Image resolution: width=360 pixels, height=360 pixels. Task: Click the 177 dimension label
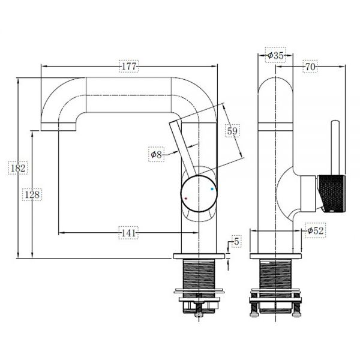[x=129, y=67]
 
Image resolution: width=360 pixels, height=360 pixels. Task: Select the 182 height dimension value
[x=18, y=168]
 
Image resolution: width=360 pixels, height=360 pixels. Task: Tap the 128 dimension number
[x=32, y=194]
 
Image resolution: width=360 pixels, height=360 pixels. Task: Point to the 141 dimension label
[x=128, y=233]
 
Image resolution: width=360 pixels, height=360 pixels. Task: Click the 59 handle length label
[x=232, y=131]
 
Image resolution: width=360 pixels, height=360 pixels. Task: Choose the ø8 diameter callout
[x=156, y=154]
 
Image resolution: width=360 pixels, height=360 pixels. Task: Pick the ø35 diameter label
[x=275, y=55]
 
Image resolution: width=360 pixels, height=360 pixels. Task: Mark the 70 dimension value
[x=310, y=67]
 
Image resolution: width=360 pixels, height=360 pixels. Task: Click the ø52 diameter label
[x=316, y=230]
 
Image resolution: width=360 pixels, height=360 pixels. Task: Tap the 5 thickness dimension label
[x=236, y=242]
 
